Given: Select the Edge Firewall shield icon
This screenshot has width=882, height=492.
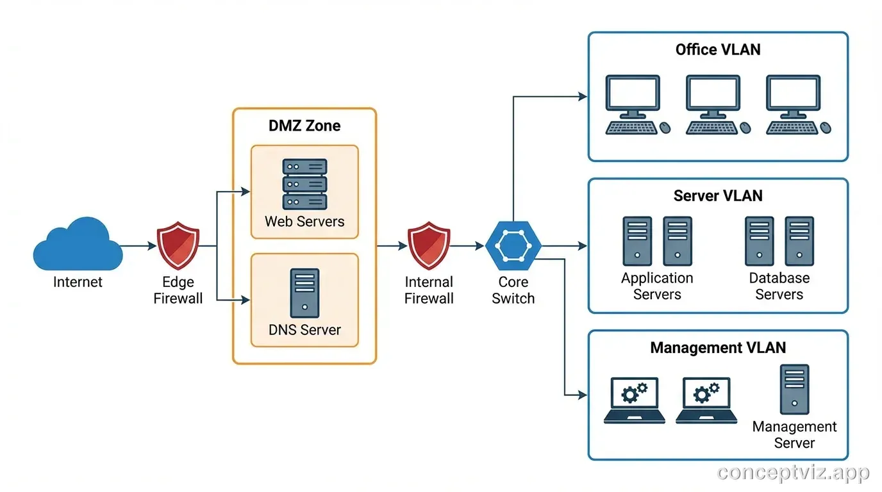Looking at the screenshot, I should coord(178,245).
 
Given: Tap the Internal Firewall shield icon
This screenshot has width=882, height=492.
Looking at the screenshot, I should coord(429,245).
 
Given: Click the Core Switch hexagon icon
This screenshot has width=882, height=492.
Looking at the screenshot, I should coord(513,246).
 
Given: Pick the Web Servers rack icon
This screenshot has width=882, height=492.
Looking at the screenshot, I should coord(304,184).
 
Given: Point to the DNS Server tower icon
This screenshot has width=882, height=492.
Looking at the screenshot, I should coord(304,293).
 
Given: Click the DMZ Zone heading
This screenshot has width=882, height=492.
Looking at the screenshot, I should coord(304,126).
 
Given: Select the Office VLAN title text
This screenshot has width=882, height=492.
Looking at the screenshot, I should coord(718,49).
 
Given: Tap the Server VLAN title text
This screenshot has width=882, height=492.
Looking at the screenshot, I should coord(718,196).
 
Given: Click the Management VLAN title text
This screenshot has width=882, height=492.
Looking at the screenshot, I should coord(718,348).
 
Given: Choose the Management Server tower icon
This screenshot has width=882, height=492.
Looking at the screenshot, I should coord(794,389).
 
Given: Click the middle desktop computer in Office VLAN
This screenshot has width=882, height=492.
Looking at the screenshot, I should coord(712,104).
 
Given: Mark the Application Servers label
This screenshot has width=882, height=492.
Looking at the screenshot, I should coord(657,286).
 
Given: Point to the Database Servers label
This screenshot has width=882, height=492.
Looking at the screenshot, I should coord(779,286).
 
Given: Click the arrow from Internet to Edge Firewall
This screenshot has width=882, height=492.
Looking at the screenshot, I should coord(138,245).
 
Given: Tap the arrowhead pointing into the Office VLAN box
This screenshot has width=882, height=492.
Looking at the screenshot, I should coord(583,97).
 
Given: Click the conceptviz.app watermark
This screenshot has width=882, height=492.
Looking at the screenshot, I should coord(793,473).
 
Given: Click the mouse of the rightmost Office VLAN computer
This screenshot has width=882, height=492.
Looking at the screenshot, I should coord(826,128).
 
